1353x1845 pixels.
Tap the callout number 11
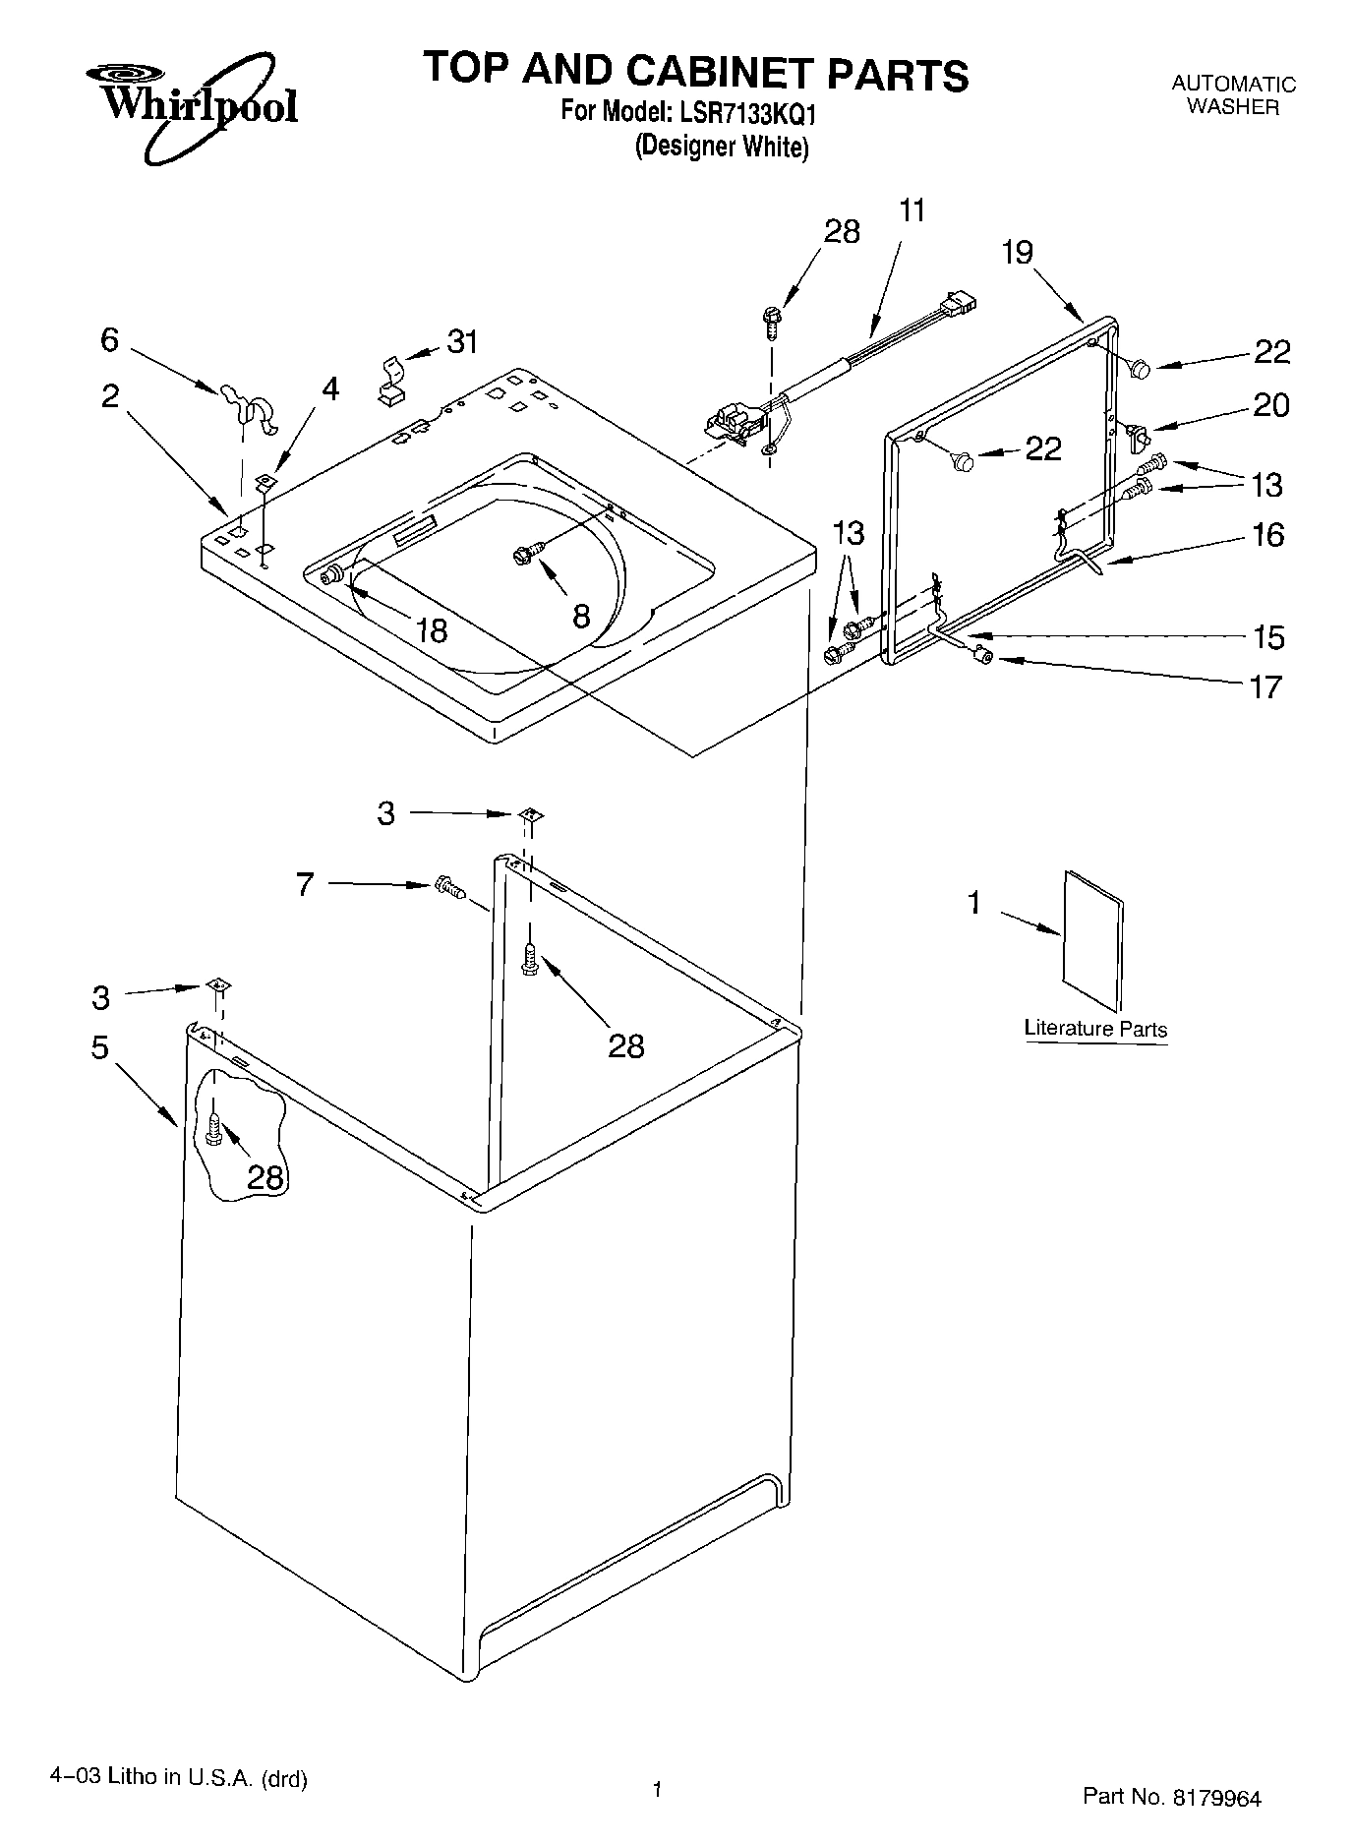912,210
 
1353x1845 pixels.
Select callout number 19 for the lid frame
1018,253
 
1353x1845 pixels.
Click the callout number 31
462,342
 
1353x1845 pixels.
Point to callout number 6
109,340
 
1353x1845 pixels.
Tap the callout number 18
431,629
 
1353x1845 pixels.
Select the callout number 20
1270,405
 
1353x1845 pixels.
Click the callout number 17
1266,686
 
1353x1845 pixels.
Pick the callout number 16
1268,535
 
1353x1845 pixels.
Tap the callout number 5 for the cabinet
100,1047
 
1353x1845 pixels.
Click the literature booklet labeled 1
1092,939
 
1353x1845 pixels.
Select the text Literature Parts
1095,1029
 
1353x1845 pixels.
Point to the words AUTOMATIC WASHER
1233,96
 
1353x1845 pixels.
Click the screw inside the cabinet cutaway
214,1128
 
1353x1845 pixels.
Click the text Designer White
722,148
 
